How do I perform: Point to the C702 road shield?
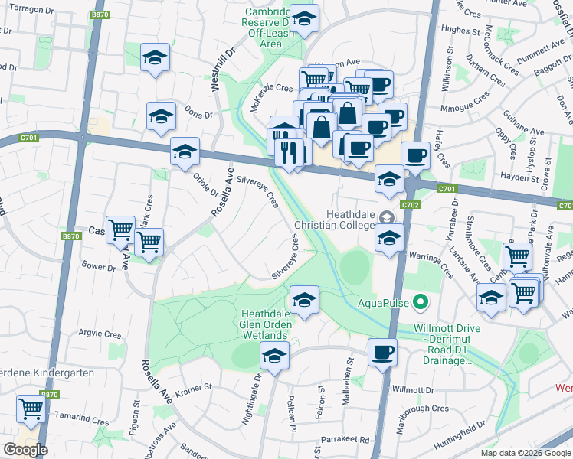[411, 205]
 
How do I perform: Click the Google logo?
[25, 450]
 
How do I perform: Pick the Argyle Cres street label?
[100, 334]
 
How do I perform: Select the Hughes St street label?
[460, 30]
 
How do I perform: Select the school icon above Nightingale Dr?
[273, 355]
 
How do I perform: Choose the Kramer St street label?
[192, 389]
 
